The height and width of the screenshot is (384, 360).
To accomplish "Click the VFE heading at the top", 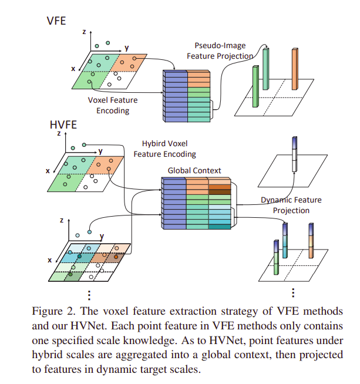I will (x=56, y=21).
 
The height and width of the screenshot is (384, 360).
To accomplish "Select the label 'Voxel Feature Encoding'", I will (x=113, y=105).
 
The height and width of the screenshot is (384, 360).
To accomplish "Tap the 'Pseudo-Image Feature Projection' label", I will (x=220, y=50).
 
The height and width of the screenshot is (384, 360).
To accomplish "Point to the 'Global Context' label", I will (x=191, y=170).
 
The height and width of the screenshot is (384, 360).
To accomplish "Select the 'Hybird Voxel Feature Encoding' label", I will (x=164, y=149).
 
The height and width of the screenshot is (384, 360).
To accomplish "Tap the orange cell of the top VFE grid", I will (x=131, y=62).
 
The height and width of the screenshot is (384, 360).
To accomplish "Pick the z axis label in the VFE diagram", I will (x=85, y=32).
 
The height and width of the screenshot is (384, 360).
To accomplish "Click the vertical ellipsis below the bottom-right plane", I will (x=292, y=293).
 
